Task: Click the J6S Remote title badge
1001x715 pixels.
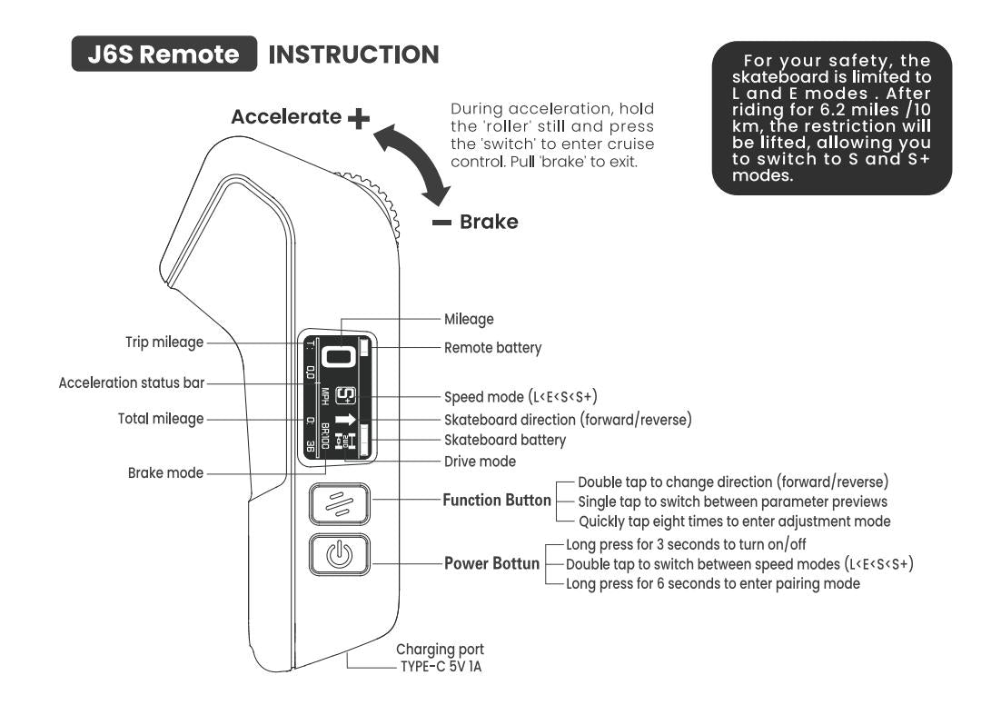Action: tap(164, 54)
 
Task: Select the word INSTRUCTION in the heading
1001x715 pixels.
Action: tap(354, 55)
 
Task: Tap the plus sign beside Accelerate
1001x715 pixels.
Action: tap(360, 118)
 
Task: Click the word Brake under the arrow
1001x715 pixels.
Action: tap(489, 222)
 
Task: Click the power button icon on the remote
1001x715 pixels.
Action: tap(339, 554)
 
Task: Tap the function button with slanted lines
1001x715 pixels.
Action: tap(339, 503)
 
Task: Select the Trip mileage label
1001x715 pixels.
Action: tap(164, 343)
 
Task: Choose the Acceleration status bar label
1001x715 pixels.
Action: tap(132, 383)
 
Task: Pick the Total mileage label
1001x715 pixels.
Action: tap(161, 419)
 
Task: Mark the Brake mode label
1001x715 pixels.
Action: tap(165, 472)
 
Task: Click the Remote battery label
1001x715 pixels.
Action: tap(492, 347)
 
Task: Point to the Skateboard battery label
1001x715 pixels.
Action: tap(504, 440)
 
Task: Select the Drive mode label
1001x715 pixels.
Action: tap(480, 462)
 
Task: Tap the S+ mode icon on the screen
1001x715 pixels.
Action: tap(346, 395)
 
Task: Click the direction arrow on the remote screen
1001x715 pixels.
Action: tap(346, 420)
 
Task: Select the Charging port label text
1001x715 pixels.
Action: tap(440, 650)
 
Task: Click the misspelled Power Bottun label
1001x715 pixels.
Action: tap(491, 563)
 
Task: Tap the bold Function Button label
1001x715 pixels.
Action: tap(496, 501)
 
